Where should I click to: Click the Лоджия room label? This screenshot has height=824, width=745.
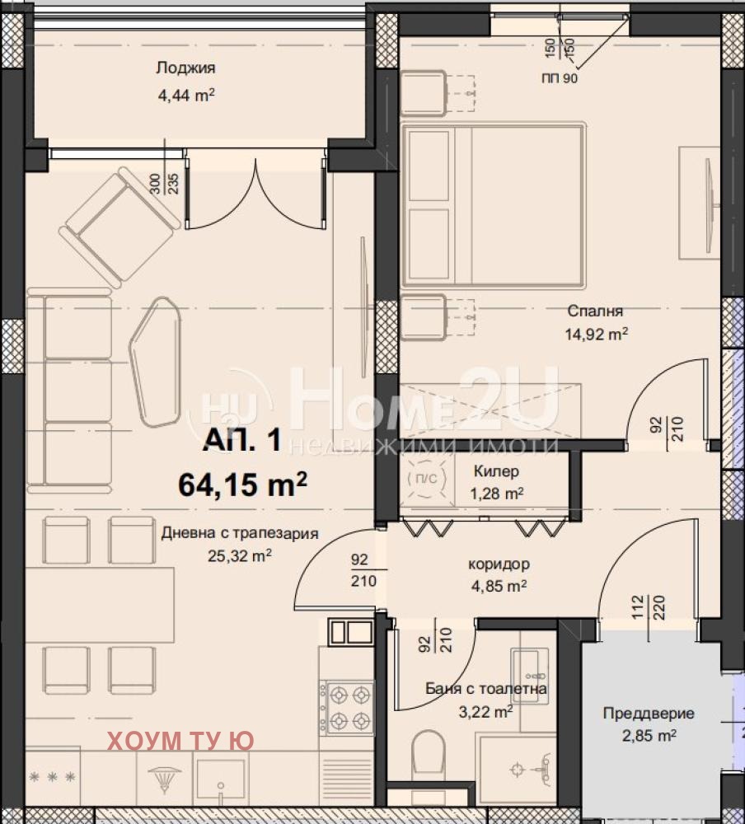click(185, 68)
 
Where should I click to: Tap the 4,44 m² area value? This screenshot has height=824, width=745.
click(186, 95)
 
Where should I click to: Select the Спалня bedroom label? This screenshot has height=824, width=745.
click(595, 311)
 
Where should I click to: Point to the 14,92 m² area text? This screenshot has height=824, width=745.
click(596, 334)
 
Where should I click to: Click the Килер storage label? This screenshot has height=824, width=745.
click(496, 471)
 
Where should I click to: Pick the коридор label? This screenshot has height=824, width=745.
click(499, 564)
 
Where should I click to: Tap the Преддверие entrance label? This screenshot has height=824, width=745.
click(649, 713)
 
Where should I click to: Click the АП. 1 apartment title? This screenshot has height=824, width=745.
click(242, 439)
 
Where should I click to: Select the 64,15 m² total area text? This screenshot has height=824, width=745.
click(242, 484)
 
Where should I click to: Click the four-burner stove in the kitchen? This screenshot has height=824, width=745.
click(348, 707)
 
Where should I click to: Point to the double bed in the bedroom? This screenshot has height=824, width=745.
click(493, 205)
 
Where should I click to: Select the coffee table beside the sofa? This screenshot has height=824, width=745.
click(155, 362)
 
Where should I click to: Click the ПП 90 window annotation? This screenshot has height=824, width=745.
click(560, 78)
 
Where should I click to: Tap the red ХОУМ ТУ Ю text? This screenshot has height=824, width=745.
click(180, 741)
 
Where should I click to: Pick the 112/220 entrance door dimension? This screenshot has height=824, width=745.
click(649, 607)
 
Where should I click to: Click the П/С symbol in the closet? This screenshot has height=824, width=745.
click(426, 479)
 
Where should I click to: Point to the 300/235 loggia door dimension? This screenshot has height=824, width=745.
click(164, 184)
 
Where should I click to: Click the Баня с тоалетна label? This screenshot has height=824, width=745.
click(485, 688)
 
